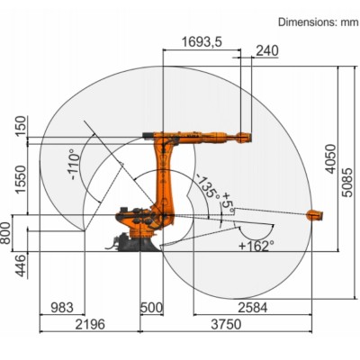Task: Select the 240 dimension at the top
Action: tap(242, 51)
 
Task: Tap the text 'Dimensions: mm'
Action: tap(318, 20)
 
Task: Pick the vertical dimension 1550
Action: tap(20, 178)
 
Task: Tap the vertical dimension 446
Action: tap(20, 262)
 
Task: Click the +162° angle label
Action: tap(256, 244)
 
